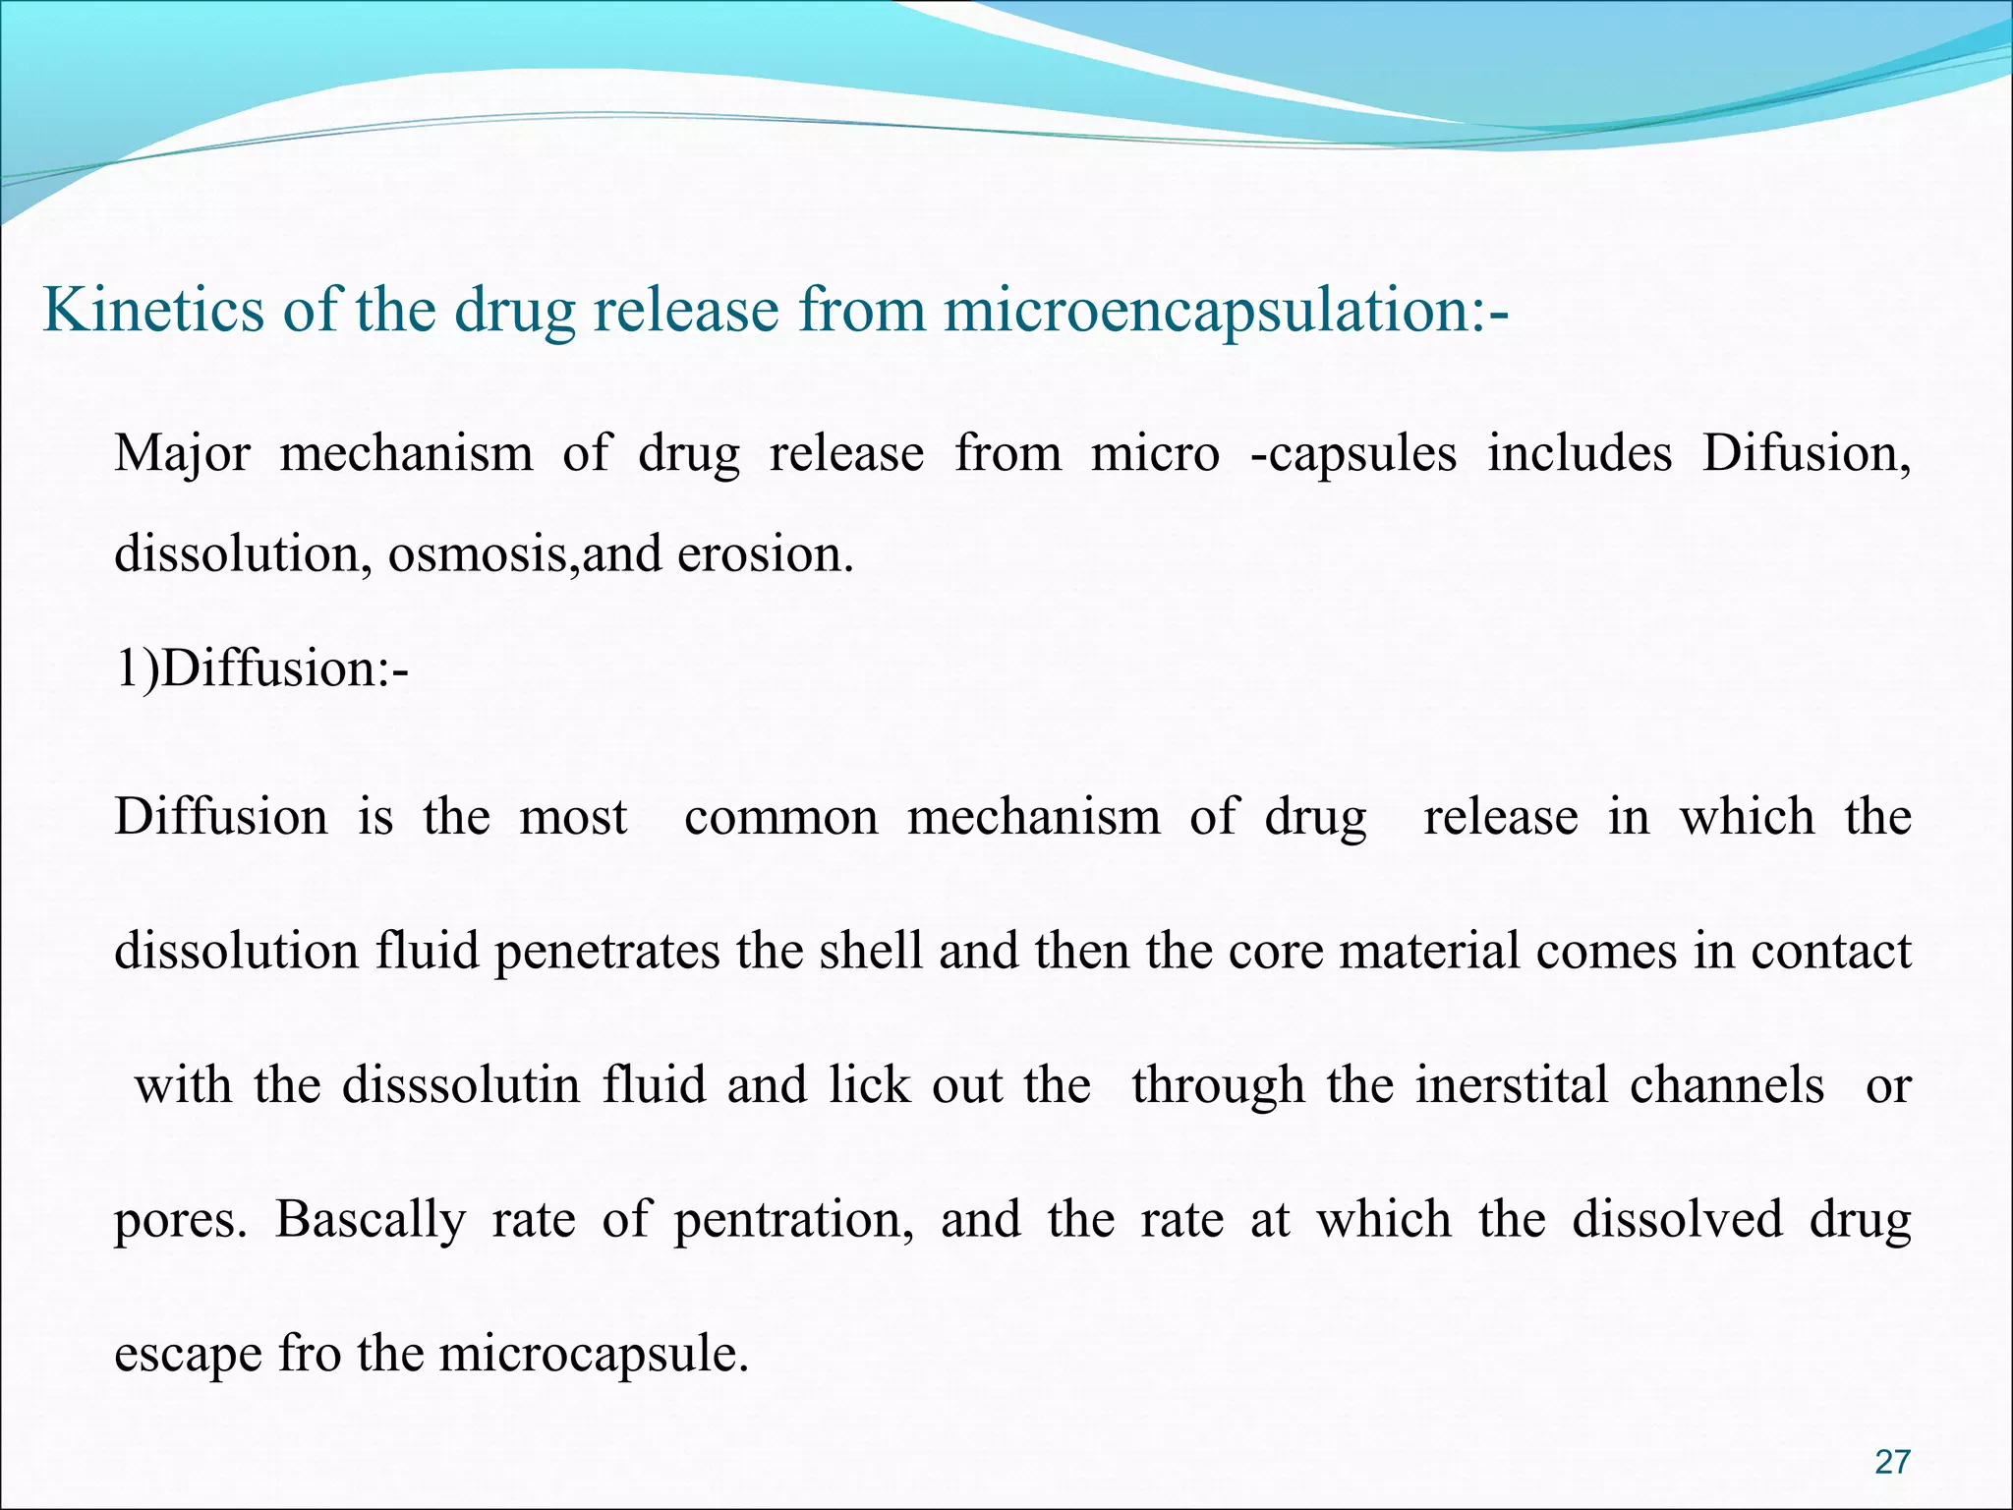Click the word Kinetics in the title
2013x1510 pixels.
pyautogui.click(x=153, y=310)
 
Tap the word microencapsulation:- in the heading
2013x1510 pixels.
pyautogui.click(x=1225, y=312)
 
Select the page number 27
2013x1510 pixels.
pyautogui.click(x=1892, y=1462)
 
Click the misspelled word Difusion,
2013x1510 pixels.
pyautogui.click(x=1807, y=454)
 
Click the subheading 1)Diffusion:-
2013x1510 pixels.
pyautogui.click(x=261, y=670)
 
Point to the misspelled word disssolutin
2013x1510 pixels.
pyautogui.click(x=461, y=1085)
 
